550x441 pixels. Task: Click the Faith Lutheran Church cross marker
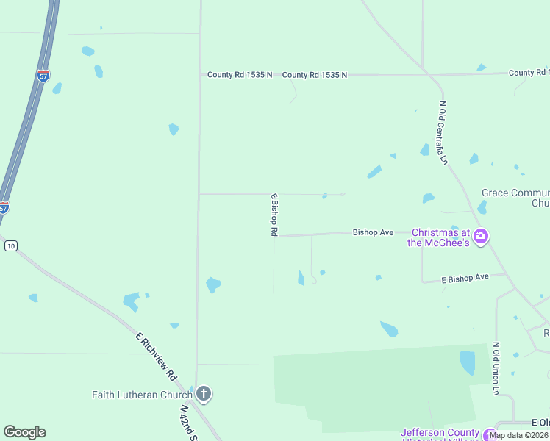click(204, 395)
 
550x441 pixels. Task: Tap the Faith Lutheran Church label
click(142, 395)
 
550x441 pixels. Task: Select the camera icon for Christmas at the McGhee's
click(481, 237)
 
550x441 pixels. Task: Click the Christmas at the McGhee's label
click(439, 237)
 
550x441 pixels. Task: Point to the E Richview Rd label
click(156, 356)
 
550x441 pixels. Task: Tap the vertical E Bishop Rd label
click(274, 215)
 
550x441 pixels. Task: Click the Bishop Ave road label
click(373, 232)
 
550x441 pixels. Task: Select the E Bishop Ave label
click(465, 279)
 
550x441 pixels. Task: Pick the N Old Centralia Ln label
click(443, 132)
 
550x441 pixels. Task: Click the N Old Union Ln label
click(496, 368)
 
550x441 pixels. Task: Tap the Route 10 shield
click(10, 245)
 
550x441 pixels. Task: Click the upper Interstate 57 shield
click(43, 76)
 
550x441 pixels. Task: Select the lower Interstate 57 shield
click(4, 207)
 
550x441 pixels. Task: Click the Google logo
click(24, 432)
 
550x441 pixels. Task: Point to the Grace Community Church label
click(515, 198)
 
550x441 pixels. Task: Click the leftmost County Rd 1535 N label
click(240, 75)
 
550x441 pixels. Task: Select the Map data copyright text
click(519, 435)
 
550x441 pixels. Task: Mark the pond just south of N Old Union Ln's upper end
click(467, 362)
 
